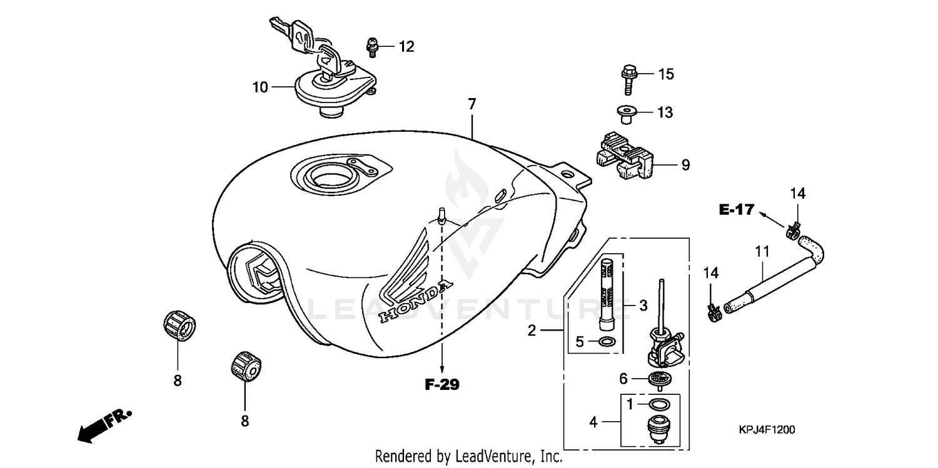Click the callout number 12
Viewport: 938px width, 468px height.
(406, 46)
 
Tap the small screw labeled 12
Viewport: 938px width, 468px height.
(371, 47)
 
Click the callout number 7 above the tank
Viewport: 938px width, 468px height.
(472, 104)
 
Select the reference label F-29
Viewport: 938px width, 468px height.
(442, 385)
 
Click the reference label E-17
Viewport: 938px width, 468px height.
(737, 210)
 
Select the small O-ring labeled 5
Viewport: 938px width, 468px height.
(606, 342)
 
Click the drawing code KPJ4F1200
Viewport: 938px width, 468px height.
(767, 430)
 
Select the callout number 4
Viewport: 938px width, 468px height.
(593, 423)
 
